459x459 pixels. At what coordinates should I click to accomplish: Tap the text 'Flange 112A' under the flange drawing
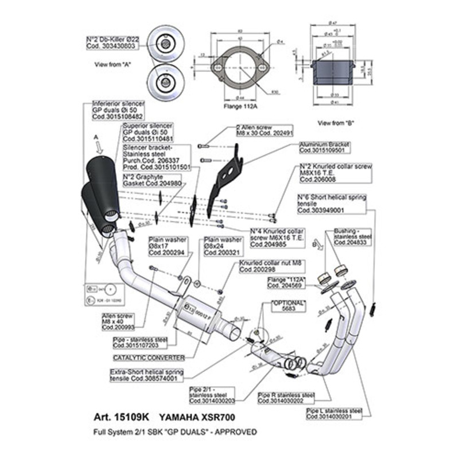point(236,106)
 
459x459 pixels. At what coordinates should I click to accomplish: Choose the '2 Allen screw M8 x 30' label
point(264,130)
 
